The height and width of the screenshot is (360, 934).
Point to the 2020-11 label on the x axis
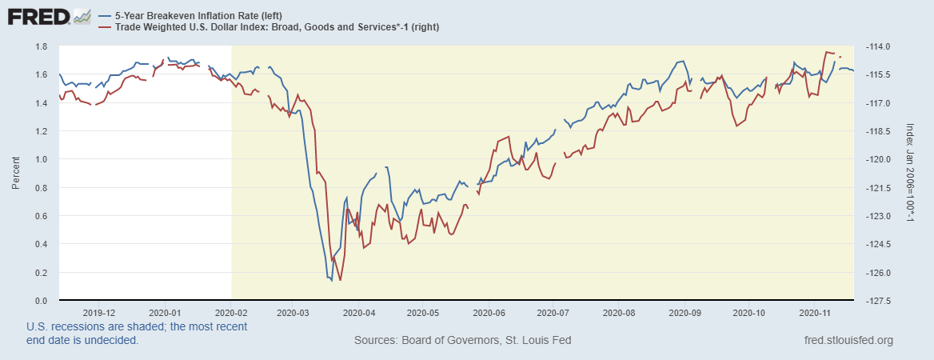tap(813, 313)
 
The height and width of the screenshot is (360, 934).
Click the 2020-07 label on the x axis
tap(553, 313)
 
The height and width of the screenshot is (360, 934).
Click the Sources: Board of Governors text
tap(462, 341)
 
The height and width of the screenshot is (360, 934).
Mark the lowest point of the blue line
tap(331, 280)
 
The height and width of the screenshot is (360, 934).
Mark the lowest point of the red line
tap(341, 280)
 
